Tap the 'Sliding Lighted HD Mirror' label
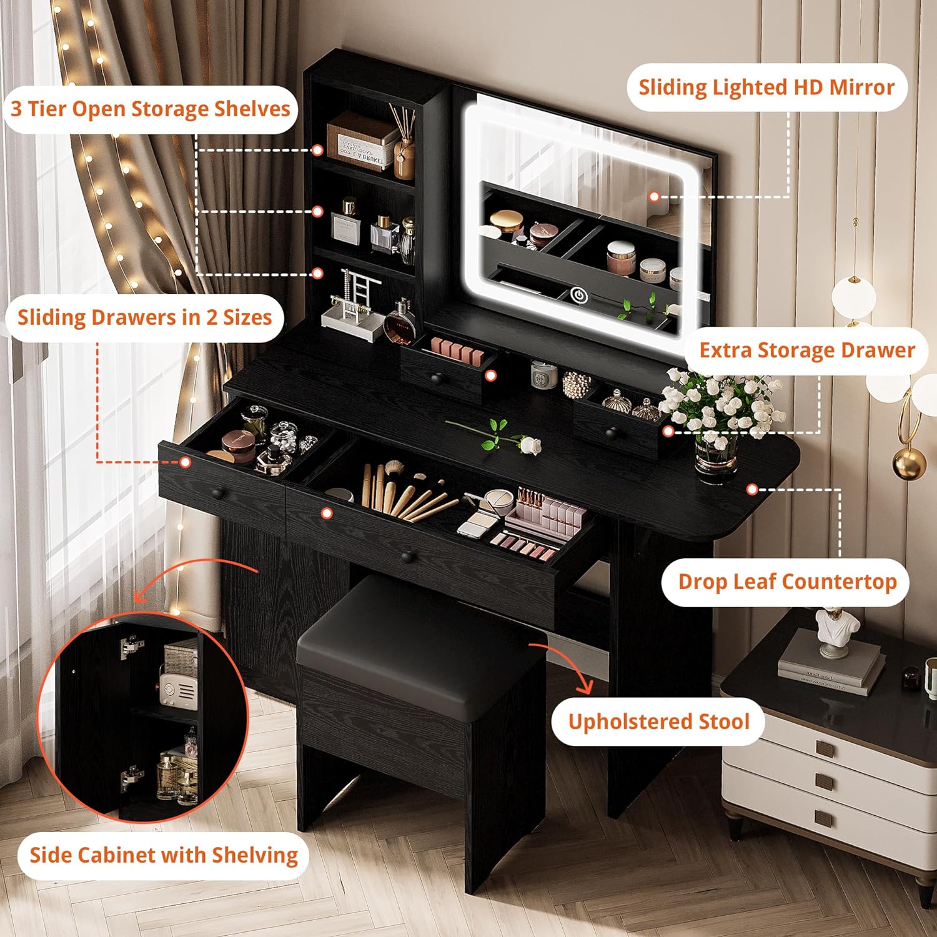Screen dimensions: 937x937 coord(766,87)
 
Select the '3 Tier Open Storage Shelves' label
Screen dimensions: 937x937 coord(151,109)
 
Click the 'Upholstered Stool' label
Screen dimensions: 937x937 coord(658,722)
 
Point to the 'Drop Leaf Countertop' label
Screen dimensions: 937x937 coord(787,582)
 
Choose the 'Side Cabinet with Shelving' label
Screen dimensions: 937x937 coord(164,855)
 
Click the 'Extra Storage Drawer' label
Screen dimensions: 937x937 coord(807,350)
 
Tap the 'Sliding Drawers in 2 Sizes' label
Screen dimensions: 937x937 coord(145,317)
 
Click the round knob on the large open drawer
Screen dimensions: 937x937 coord(408,556)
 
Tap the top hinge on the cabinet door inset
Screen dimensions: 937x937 coord(129,647)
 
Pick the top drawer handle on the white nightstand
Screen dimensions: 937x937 coord(825,748)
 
